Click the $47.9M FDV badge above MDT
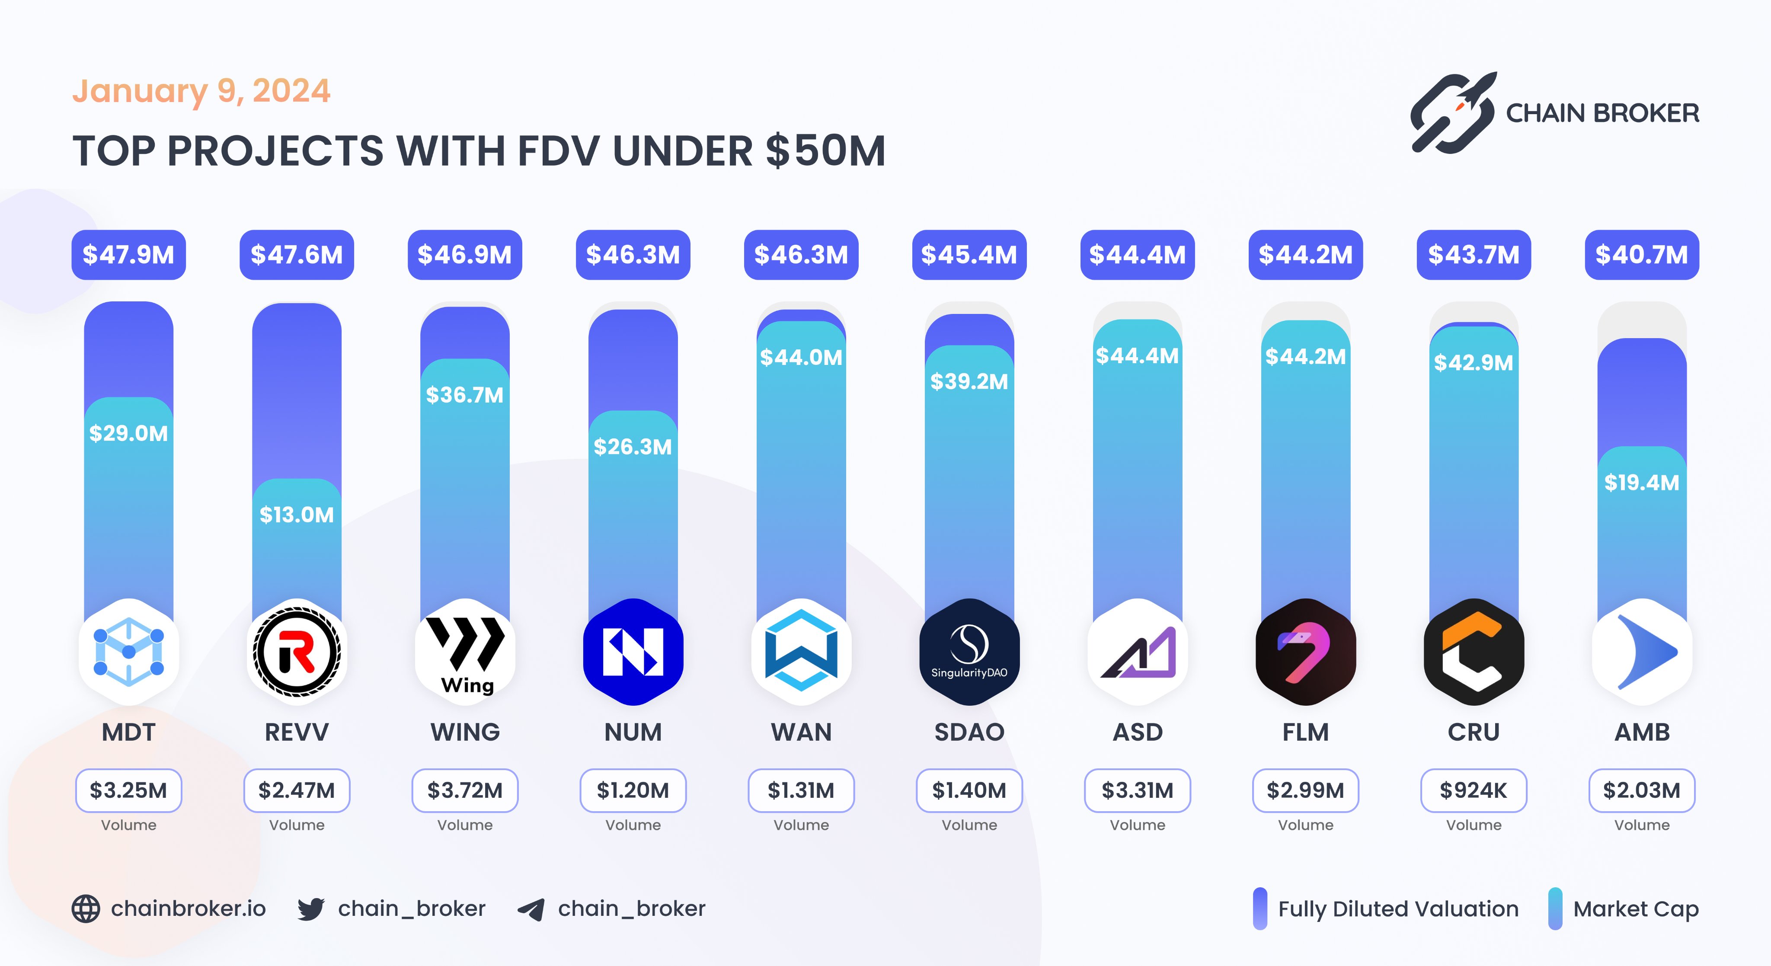pyautogui.click(x=128, y=255)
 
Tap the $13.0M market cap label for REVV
pyautogui.click(x=296, y=514)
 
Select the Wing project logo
pyautogui.click(x=465, y=652)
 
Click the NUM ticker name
pyautogui.click(x=633, y=732)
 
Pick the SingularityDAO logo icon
pyautogui.click(x=969, y=652)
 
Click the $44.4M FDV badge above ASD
pyautogui.click(x=1137, y=255)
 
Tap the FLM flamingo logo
pyautogui.click(x=1305, y=652)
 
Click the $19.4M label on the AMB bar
pyautogui.click(x=1642, y=483)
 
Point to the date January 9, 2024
pyautogui.click(x=201, y=91)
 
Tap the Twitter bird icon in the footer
pyautogui.click(x=311, y=909)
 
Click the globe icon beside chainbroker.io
pyautogui.click(x=86, y=909)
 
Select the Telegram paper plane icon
pyautogui.click(x=531, y=909)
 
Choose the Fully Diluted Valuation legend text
pyautogui.click(x=1398, y=909)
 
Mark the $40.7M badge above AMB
pyautogui.click(x=1642, y=255)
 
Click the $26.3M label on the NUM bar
pyautogui.click(x=633, y=447)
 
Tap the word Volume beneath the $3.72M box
pyautogui.click(x=465, y=825)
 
